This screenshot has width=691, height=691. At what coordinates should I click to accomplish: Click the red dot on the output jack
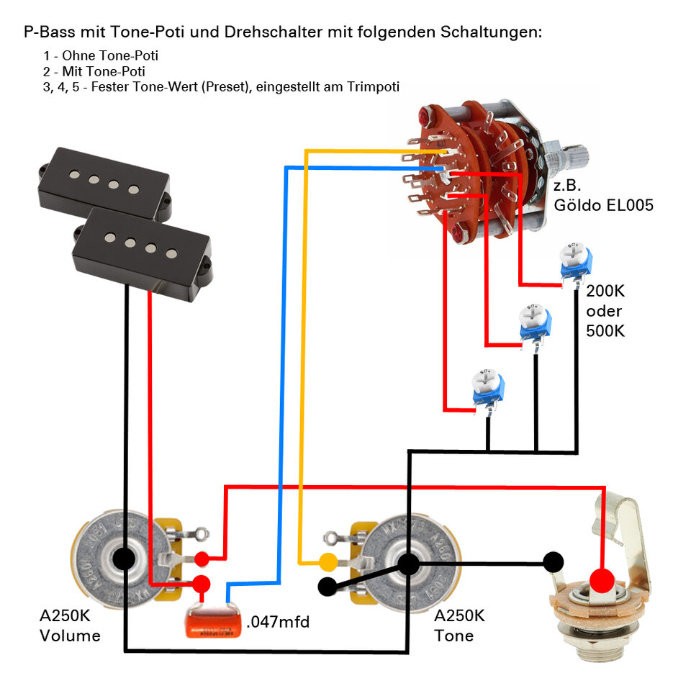tap(602, 579)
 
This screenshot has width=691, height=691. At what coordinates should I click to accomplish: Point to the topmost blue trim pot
tap(575, 263)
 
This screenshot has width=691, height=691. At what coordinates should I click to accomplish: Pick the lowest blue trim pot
tap(486, 389)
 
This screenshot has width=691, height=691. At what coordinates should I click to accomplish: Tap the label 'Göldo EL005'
tap(603, 205)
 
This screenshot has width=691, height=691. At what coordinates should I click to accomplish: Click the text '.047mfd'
tap(278, 621)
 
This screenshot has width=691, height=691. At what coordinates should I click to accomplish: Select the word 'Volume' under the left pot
tap(70, 636)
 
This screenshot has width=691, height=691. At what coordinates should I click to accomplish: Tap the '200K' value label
tap(606, 292)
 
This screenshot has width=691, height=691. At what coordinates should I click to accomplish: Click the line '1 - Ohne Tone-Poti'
tap(101, 55)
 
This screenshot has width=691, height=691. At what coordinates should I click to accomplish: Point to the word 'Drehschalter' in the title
tap(271, 32)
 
